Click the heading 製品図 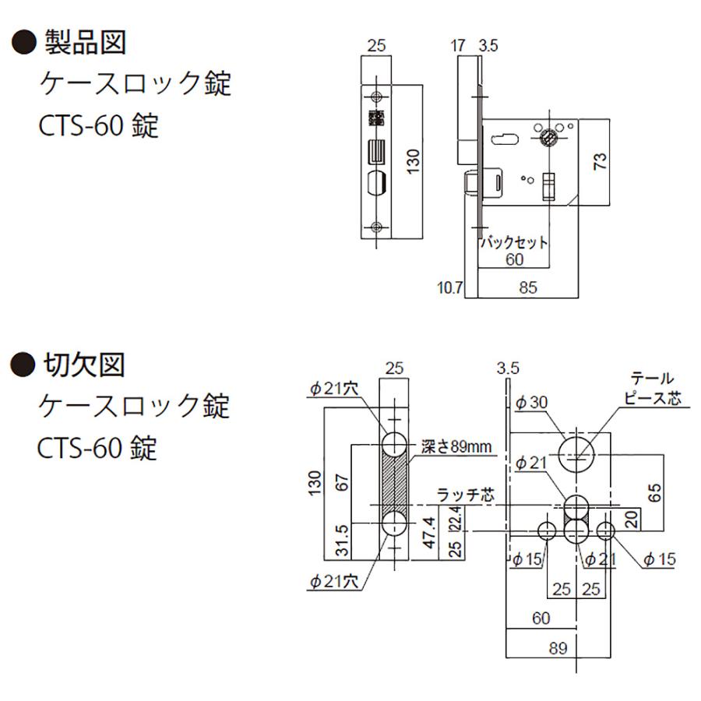(x=85, y=43)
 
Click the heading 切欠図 (x=83, y=365)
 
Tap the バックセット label (x=514, y=242)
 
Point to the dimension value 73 (x=600, y=161)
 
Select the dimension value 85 (x=528, y=287)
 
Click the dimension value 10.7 (x=450, y=287)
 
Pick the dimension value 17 (x=458, y=46)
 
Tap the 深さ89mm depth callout (x=456, y=446)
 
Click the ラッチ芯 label (x=466, y=495)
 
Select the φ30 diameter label (x=531, y=403)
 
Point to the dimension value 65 (x=654, y=493)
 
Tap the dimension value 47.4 (x=429, y=532)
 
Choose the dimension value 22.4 (x=456, y=518)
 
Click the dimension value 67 (x=342, y=483)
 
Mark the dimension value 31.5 (x=342, y=541)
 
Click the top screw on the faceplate (x=377, y=96)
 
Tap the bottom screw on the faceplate (x=377, y=227)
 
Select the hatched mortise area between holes (x=394, y=484)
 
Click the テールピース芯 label (x=653, y=389)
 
